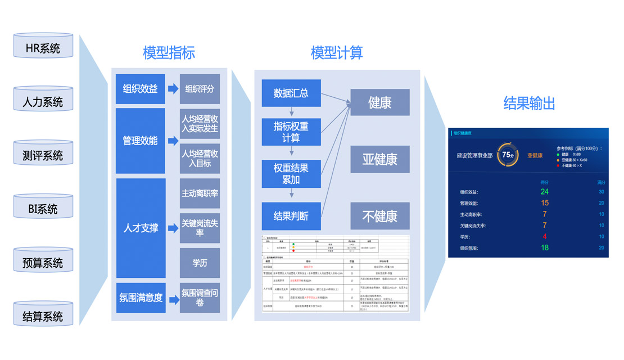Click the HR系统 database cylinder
(43, 47)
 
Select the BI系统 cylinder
(43, 208)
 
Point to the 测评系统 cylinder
(43, 154)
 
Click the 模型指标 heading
(169, 53)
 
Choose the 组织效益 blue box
(140, 89)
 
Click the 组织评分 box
(200, 89)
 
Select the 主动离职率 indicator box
(200, 193)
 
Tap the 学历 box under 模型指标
(200, 263)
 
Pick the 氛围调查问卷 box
(200, 298)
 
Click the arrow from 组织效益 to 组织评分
(173, 89)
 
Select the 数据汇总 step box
(291, 93)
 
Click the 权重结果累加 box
(291, 174)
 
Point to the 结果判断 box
(291, 216)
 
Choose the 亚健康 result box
(379, 159)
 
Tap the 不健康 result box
(379, 215)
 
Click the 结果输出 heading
(529, 103)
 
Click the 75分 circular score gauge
(508, 155)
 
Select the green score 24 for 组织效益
(544, 192)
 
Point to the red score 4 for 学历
(544, 236)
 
